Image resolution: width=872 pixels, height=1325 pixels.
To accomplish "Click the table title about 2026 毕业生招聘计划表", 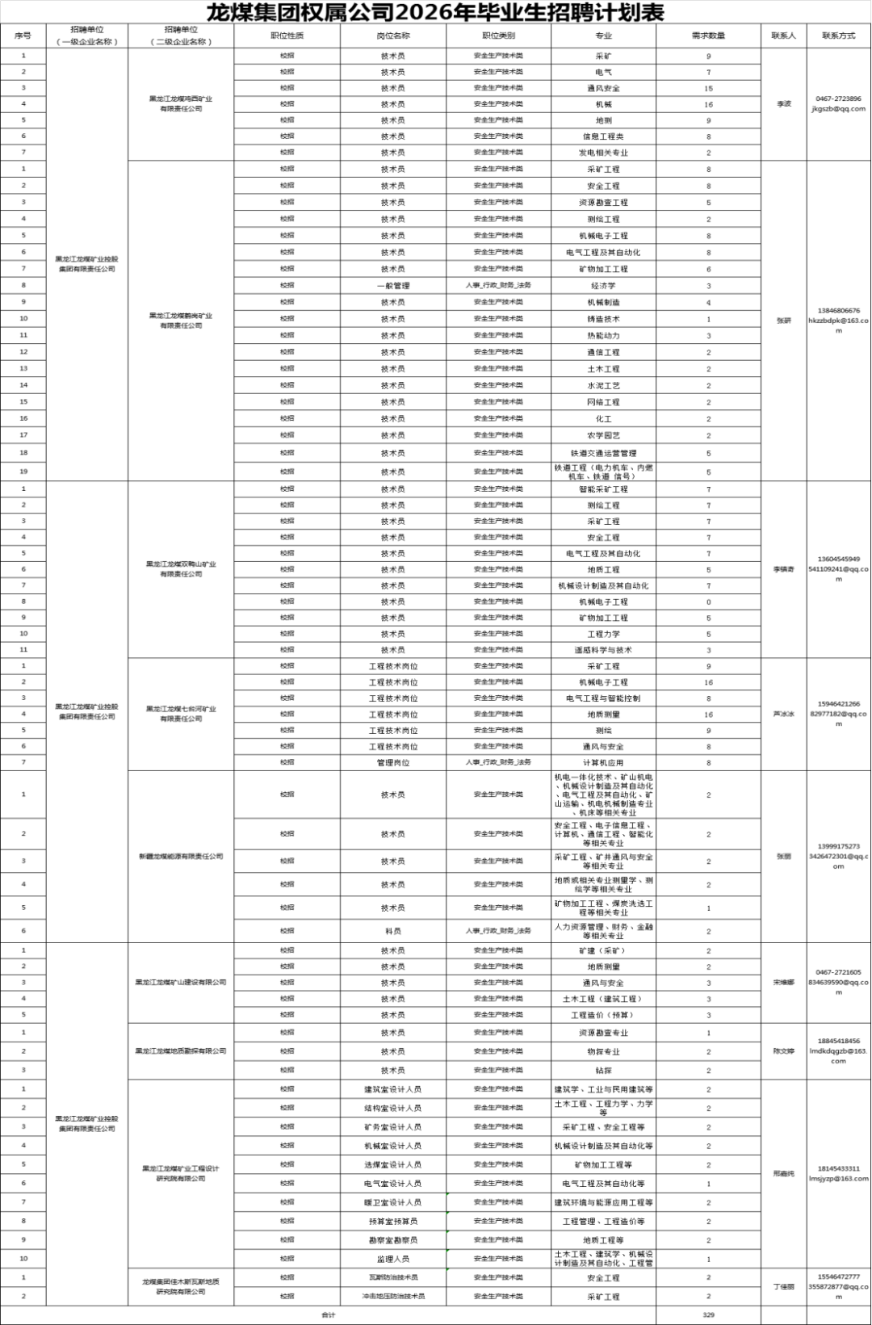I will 435,13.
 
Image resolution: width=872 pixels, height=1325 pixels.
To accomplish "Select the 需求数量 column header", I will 708,36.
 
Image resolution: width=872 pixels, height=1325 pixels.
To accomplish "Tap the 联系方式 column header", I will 838,36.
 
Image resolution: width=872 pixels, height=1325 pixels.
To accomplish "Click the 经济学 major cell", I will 603,286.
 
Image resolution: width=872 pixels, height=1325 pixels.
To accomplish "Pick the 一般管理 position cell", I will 393,286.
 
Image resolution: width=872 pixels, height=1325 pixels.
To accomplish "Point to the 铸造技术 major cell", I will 603,319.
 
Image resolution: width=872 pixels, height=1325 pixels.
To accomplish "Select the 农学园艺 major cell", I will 603,435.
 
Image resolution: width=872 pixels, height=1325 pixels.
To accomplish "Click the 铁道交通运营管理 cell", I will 603,453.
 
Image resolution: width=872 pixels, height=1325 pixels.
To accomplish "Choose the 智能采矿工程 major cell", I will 603,489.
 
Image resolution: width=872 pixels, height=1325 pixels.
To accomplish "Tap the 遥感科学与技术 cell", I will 603,650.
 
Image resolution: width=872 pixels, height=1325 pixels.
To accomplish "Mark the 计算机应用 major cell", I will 603,762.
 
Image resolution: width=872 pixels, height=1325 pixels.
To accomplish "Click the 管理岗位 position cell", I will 393,762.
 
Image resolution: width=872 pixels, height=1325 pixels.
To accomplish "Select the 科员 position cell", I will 393,931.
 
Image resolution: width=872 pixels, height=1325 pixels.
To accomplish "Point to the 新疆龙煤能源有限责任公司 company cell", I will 181,856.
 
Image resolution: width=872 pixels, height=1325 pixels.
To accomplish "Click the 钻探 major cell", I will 603,1071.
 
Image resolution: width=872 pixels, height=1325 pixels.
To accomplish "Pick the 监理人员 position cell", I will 393,1259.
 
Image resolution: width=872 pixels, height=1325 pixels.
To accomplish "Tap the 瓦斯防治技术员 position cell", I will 393,1277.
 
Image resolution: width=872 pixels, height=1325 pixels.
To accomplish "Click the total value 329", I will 708,1315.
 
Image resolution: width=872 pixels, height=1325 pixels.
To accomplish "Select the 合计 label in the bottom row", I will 328,1315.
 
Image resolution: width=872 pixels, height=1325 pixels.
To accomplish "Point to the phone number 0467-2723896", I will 838,99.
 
